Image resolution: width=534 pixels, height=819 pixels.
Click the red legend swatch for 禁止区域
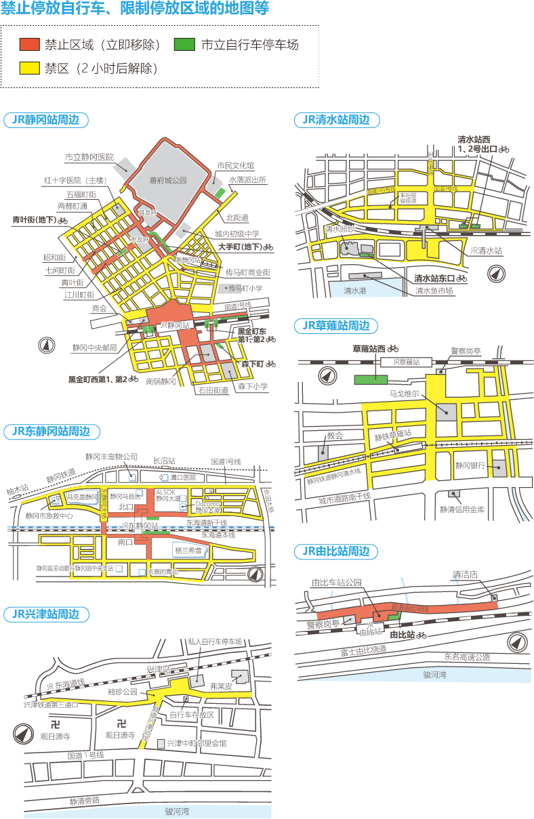point(30,45)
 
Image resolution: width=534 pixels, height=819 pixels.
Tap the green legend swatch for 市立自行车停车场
point(184,45)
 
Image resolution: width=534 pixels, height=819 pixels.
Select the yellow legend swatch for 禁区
point(30,68)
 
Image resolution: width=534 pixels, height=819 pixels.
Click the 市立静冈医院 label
point(89,157)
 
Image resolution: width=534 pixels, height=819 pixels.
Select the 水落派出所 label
point(247,180)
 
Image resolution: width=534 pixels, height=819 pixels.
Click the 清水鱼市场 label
point(434,291)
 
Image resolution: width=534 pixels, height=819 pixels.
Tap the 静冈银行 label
point(470,465)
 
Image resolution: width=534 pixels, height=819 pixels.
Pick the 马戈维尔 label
point(404,392)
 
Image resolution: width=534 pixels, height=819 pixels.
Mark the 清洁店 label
point(466,574)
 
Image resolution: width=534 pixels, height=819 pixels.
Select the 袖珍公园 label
point(122,692)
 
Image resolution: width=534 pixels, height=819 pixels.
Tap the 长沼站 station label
point(164,461)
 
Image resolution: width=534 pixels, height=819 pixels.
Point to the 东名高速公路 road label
point(467,656)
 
